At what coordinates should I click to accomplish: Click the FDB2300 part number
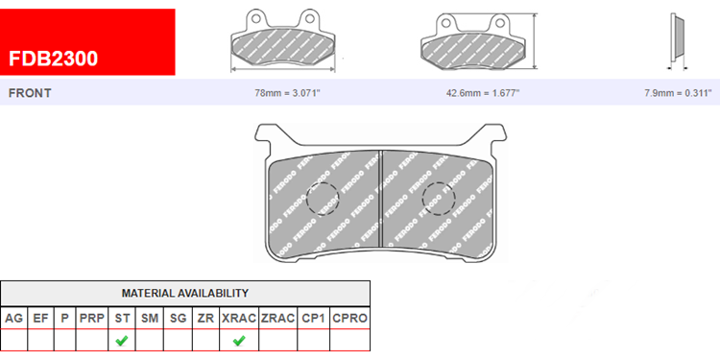[53, 59]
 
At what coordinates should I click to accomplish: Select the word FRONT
[30, 93]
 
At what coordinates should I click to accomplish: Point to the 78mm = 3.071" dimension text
[287, 93]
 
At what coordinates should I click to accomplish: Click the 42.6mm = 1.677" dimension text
[483, 93]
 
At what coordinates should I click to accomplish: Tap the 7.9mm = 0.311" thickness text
[678, 93]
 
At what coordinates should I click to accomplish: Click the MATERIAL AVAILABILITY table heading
[185, 293]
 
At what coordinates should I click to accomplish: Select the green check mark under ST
[122, 341]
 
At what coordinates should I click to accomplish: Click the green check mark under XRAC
[239, 341]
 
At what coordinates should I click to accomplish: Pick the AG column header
[13, 318]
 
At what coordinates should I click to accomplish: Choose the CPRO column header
[349, 318]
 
